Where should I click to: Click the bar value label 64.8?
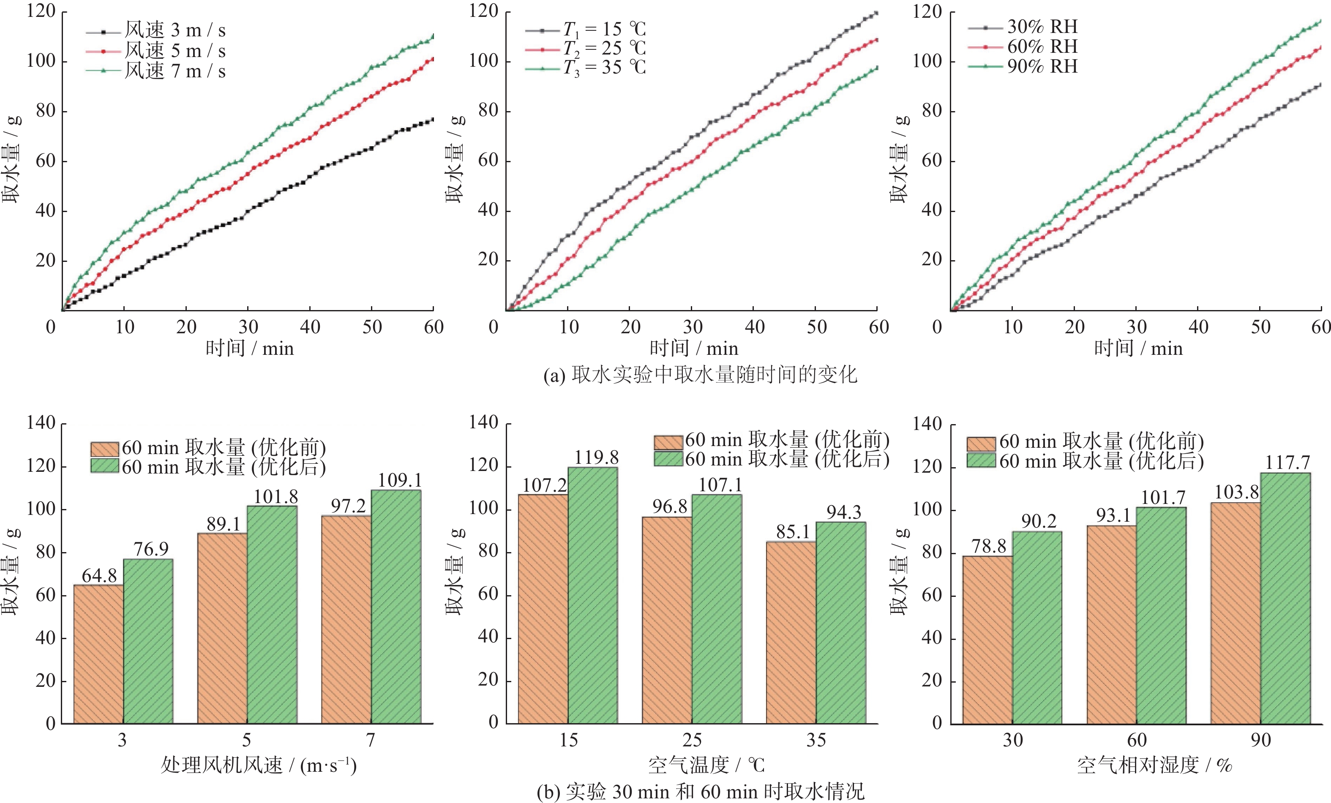click(x=99, y=576)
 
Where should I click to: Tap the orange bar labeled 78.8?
click(x=987, y=640)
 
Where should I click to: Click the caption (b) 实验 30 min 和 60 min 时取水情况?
click(x=700, y=792)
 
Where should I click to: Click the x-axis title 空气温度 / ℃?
click(x=706, y=765)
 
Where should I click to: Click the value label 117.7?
click(x=1287, y=463)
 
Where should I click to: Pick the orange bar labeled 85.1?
click(x=791, y=632)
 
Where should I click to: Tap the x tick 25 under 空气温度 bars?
click(x=692, y=740)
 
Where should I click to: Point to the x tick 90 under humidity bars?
click(x=1260, y=740)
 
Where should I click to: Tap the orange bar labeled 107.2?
click(x=543, y=609)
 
